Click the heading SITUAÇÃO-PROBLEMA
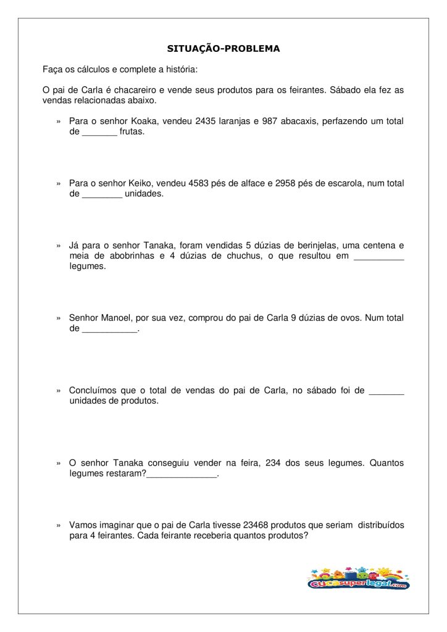(223, 48)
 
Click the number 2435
(206, 122)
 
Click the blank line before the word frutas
(99, 133)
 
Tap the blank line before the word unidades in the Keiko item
(102, 195)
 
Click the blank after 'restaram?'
(182, 475)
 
